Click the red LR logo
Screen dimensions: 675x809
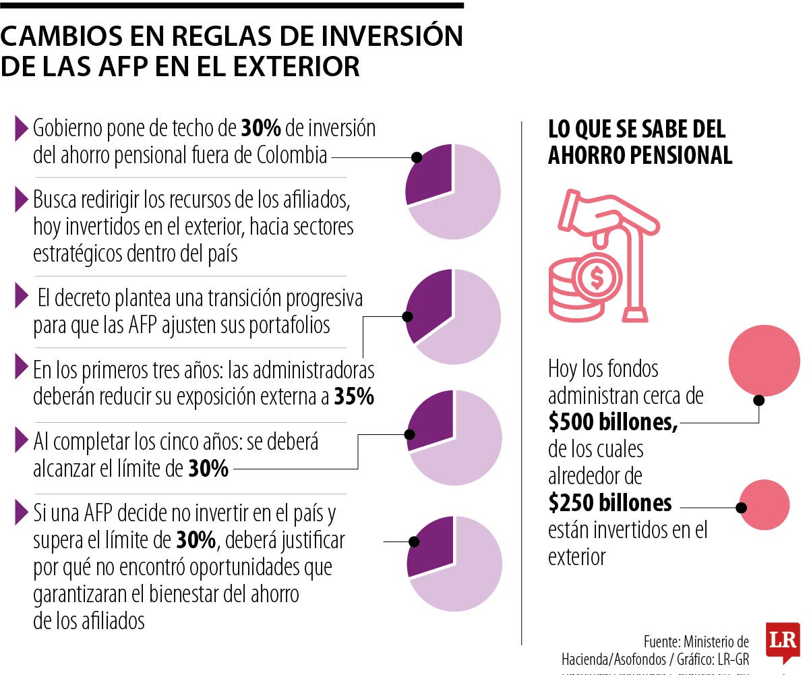click(783, 641)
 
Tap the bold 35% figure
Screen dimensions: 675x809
click(354, 397)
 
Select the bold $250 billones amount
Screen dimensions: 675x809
click(610, 503)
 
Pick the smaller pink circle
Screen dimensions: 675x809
click(764, 505)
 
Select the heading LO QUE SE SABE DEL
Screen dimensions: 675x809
click(636, 129)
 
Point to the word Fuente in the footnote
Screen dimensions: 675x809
click(663, 641)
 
